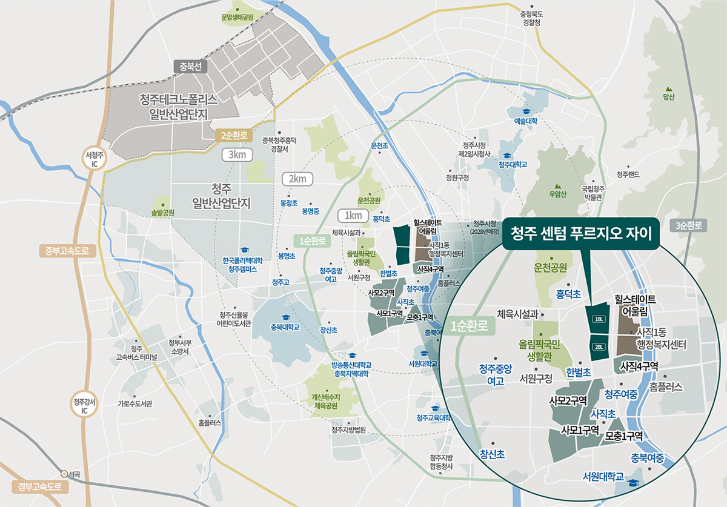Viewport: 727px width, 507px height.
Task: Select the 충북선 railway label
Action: coord(190,66)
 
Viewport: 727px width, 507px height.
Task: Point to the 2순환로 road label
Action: coord(233,135)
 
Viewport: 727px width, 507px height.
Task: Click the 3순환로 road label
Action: coord(689,226)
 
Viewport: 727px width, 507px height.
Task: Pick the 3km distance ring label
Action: coord(237,155)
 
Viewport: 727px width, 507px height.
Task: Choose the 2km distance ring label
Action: coord(297,179)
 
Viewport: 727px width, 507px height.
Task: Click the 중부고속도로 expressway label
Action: coord(67,250)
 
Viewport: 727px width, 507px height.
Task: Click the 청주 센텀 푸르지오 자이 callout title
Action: coord(585,233)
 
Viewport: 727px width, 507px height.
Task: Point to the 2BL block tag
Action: coord(599,347)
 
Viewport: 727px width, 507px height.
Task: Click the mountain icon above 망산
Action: coord(669,88)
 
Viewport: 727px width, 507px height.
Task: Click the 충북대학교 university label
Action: coord(285,328)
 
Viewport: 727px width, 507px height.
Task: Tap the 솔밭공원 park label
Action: coord(163,213)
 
